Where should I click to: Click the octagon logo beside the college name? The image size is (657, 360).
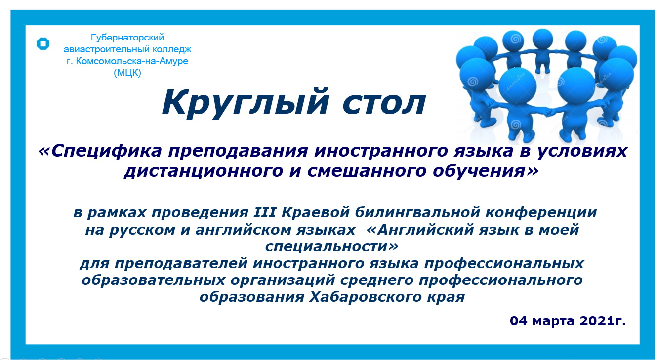click(43, 43)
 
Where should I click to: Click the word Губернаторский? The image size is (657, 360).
click(127, 38)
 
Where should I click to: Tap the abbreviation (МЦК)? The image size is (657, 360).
click(127, 72)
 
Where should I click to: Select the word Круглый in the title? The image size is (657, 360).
click(245, 103)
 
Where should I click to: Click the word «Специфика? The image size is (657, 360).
click(100, 151)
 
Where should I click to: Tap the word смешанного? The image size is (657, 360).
click(367, 171)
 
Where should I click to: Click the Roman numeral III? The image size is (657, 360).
click(265, 212)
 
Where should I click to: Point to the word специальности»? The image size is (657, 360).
click(332, 247)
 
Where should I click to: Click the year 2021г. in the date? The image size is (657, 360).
click(603, 320)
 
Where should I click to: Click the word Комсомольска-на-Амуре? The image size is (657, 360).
click(132, 61)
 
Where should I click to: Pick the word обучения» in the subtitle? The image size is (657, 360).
click(486, 171)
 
